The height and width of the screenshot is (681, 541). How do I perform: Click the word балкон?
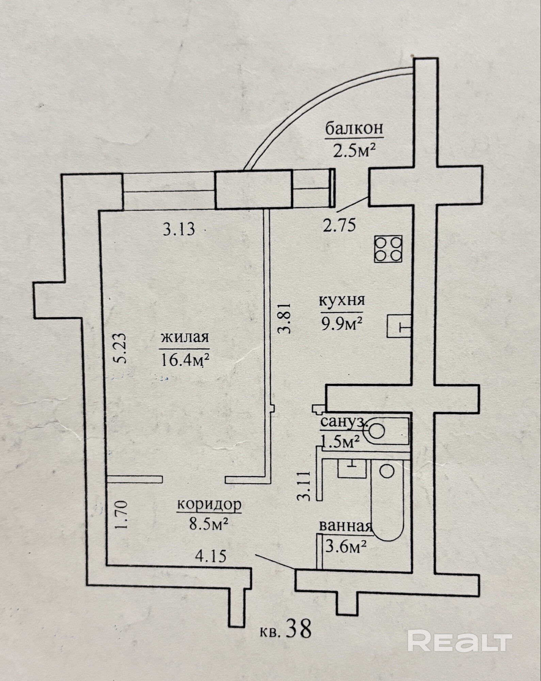354,129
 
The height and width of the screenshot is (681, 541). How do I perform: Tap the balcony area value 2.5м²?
354,150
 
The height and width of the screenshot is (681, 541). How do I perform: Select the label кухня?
342,301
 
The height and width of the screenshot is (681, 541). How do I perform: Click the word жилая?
185,337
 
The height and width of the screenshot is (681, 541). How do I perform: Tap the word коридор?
209,504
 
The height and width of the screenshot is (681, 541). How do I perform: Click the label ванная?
345,526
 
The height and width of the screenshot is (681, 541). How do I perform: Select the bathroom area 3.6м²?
346,547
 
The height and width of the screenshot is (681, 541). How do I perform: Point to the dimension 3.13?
179,229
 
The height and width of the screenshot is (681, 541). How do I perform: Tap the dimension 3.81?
285,318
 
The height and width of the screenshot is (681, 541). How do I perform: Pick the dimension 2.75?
339,225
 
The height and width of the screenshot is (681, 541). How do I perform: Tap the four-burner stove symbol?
388,249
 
